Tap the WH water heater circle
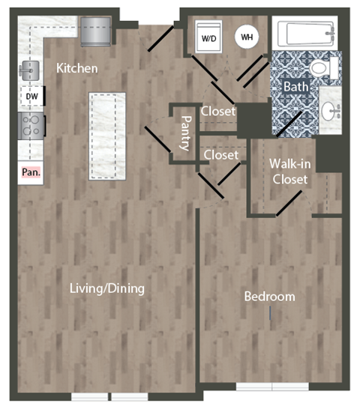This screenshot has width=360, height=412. [x=245, y=35]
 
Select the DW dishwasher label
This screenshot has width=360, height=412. [x=31, y=96]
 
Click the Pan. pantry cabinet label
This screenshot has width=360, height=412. [x=31, y=172]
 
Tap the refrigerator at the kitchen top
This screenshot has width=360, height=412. [x=95, y=31]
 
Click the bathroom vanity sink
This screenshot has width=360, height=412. [x=331, y=112]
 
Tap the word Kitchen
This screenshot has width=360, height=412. [x=77, y=68]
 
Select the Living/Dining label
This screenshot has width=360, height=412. [x=107, y=288]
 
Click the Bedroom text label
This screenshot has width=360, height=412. [x=269, y=297]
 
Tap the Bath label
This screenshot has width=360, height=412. [x=295, y=87]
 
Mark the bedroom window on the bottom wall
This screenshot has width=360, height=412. [x=271, y=387]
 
